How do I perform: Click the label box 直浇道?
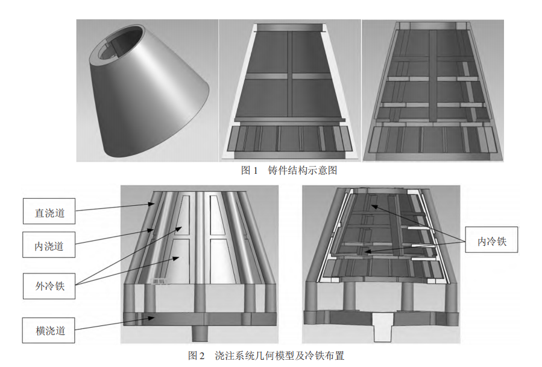(x=49, y=212)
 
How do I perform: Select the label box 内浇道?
(x=49, y=246)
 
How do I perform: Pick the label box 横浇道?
(x=49, y=330)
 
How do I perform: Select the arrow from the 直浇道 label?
(x=115, y=208)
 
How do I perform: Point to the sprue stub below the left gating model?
(x=198, y=333)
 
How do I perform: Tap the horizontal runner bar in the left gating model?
(x=199, y=318)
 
